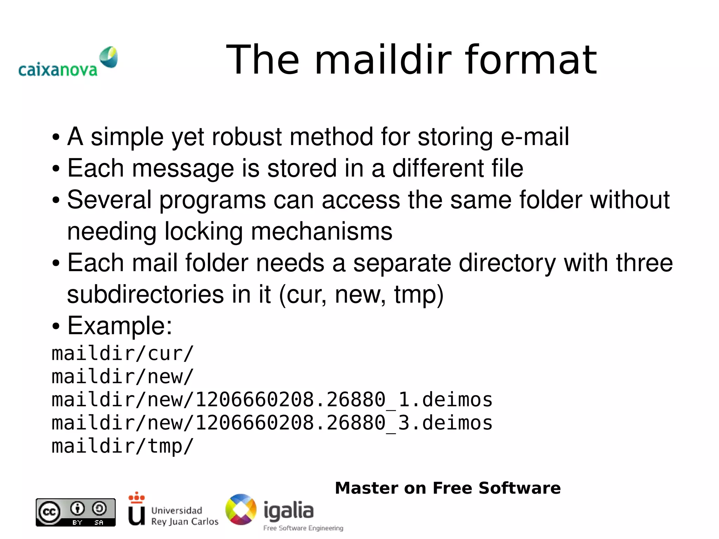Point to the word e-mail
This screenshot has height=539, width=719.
[534, 137]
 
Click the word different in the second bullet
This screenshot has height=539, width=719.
[438, 168]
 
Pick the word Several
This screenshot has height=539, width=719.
[109, 200]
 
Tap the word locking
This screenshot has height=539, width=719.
[203, 231]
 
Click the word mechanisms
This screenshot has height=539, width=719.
[322, 231]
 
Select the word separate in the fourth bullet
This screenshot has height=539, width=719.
[402, 263]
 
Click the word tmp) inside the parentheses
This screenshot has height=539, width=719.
[419, 295]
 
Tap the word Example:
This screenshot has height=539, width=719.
[119, 326]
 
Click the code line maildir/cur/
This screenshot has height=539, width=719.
[123, 353]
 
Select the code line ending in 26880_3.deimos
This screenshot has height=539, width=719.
[272, 423]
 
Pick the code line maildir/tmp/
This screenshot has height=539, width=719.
[123, 446]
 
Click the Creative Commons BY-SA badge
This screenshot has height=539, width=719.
[75, 512]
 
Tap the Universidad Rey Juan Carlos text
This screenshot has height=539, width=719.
[184, 516]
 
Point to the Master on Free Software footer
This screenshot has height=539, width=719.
[448, 488]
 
